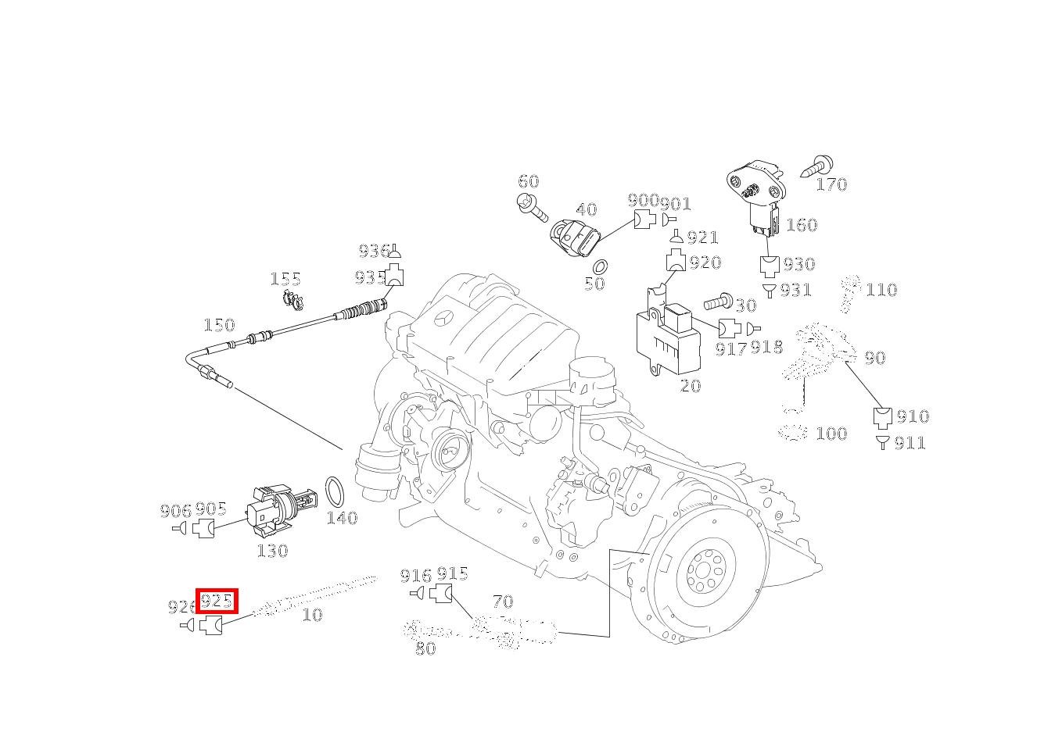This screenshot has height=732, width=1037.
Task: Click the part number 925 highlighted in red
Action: pyautogui.click(x=217, y=602)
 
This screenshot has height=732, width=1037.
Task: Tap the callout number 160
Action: pyautogui.click(x=801, y=225)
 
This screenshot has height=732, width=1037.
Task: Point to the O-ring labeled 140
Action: pyautogui.click(x=335, y=493)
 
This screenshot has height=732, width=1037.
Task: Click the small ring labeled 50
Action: pyautogui.click(x=601, y=266)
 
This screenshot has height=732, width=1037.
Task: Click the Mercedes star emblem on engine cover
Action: pyautogui.click(x=443, y=320)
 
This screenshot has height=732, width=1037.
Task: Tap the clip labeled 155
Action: pyautogui.click(x=292, y=298)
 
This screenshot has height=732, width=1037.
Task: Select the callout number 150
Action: pyautogui.click(x=219, y=325)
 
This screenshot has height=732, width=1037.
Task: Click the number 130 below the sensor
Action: pyautogui.click(x=272, y=551)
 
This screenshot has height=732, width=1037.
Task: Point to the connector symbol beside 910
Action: pyautogui.click(x=882, y=417)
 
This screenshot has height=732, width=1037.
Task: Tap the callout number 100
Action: pyautogui.click(x=831, y=434)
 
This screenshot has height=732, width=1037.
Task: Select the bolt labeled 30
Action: pyautogui.click(x=717, y=302)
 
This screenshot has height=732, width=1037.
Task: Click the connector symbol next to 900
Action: pyautogui.click(x=644, y=220)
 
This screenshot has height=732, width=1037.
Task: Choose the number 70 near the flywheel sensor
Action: pyautogui.click(x=503, y=602)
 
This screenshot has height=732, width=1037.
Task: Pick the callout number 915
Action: pyautogui.click(x=452, y=574)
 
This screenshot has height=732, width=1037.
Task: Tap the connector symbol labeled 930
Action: pyautogui.click(x=770, y=266)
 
